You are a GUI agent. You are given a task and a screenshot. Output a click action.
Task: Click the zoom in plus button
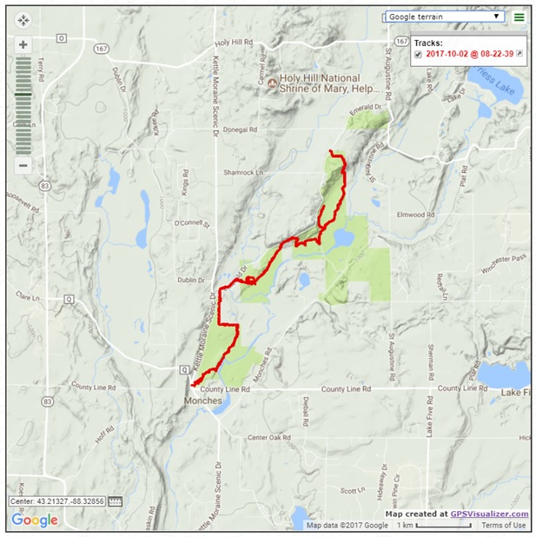click(x=23, y=44)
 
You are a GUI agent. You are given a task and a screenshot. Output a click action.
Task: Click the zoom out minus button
click(x=23, y=165)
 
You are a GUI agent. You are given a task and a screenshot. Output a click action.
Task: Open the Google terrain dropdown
click(x=444, y=17)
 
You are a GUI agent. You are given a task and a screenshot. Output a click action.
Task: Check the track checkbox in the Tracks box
click(x=419, y=54)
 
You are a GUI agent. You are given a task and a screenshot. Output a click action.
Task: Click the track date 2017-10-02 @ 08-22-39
click(x=470, y=54)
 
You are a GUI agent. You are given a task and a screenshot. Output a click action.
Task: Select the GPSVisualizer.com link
click(x=489, y=514)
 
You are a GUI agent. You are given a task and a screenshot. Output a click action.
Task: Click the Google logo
click(x=35, y=520)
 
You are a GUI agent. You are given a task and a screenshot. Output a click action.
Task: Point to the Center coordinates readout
click(x=58, y=501)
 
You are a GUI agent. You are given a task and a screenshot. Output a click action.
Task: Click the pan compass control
click(x=23, y=18)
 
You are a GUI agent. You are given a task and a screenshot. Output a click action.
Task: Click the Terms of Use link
click(x=504, y=525)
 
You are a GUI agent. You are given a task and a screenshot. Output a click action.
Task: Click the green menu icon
click(x=519, y=17)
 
